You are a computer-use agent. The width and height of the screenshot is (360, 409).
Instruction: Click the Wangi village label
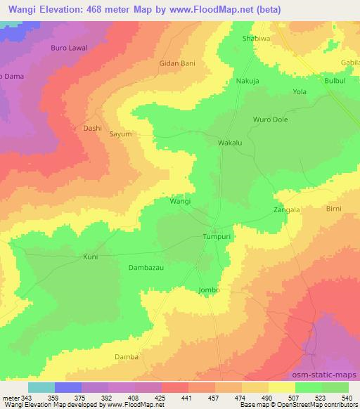pos(180,201)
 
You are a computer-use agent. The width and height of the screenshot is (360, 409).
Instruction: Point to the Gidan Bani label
pos(176,63)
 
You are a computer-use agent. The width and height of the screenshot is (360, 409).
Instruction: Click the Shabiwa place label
pos(255,39)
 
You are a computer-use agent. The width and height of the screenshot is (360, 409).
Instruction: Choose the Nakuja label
pos(247,81)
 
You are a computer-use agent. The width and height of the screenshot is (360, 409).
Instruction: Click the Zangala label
pos(287,209)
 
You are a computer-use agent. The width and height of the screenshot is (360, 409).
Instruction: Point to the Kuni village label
pos(90,257)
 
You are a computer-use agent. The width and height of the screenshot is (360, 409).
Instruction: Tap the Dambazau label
pos(146,268)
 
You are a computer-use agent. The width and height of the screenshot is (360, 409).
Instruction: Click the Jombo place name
pos(210,290)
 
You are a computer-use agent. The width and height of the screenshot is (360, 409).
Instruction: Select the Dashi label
pos(93,129)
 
